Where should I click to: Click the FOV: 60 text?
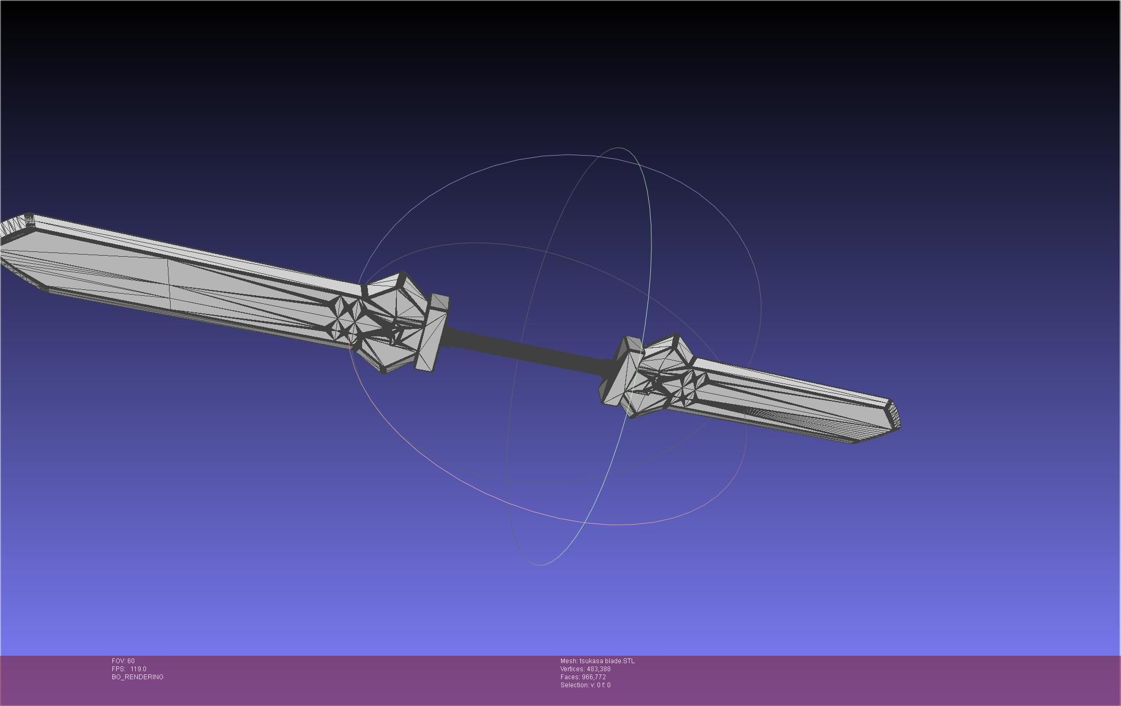click(123, 661)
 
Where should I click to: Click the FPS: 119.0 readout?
click(129, 669)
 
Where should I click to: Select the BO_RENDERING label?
click(137, 677)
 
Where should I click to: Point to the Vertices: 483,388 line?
click(585, 669)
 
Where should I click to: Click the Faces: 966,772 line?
click(583, 677)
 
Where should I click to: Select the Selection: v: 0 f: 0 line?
click(585, 685)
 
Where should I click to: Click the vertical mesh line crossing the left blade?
click(170, 283)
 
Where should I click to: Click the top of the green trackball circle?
click(619, 148)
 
